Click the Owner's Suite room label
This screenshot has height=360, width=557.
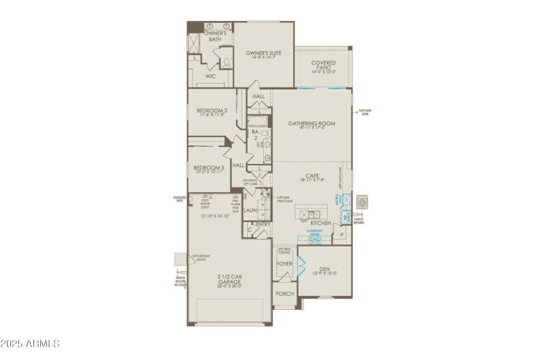[262, 52]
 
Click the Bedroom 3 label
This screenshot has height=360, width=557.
[209, 169]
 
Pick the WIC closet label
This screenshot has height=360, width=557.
[211, 75]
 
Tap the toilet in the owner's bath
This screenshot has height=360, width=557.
[226, 62]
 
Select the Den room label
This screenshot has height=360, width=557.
[324, 269]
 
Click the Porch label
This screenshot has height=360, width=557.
[285, 294]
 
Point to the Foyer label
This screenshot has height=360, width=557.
[284, 265]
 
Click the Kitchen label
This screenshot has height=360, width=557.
[320, 223]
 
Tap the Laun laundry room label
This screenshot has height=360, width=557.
[251, 210]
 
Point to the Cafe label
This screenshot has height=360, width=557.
[311, 176]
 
